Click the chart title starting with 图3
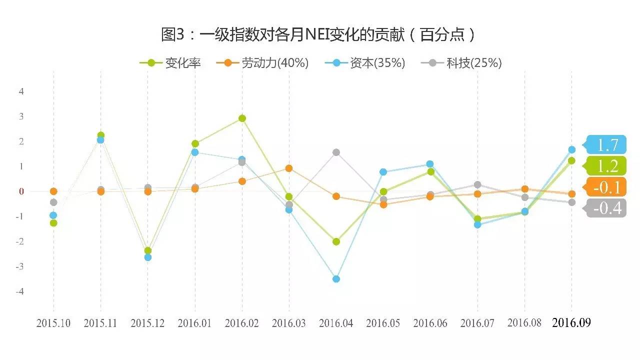[318, 34]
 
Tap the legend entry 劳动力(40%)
[262, 63]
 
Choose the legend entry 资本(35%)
[365, 63]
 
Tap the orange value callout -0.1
[606, 187]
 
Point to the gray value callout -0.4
[606, 208]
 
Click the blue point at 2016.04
[336, 279]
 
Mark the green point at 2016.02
[242, 118]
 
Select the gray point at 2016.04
[336, 152]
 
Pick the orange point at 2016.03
[289, 168]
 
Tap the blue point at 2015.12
[148, 257]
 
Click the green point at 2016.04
[336, 241]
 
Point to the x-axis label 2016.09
[571, 323]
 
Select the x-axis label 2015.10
[53, 323]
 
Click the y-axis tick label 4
[21, 91]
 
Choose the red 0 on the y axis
[21, 191]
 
